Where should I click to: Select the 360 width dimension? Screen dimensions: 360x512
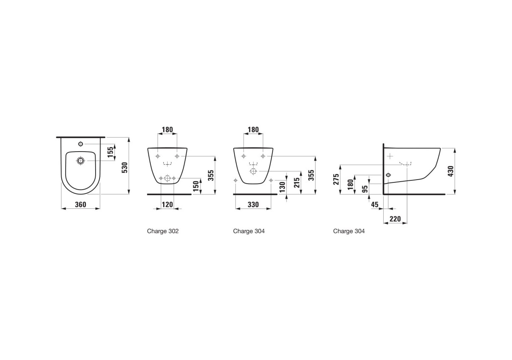80,204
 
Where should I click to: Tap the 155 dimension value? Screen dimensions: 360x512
111,152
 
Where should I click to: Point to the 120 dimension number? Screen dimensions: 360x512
167,204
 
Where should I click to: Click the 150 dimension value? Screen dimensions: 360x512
196,186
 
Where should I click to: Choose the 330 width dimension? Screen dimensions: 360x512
253,204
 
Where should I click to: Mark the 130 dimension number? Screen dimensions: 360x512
282,187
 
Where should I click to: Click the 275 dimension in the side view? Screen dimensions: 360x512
336,179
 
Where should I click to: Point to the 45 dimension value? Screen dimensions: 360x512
375,204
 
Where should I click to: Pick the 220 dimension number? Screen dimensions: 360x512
395,219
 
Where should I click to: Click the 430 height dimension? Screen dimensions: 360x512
451,171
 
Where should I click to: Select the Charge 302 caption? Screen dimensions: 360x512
163,231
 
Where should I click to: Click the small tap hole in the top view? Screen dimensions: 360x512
80,144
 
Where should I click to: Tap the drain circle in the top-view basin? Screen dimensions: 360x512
80,161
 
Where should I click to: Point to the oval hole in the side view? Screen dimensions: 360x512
388,175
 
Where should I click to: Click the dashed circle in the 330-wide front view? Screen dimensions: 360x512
253,171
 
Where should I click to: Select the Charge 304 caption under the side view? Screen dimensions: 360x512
349,231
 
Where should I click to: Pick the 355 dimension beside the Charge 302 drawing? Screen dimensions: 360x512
211,175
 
